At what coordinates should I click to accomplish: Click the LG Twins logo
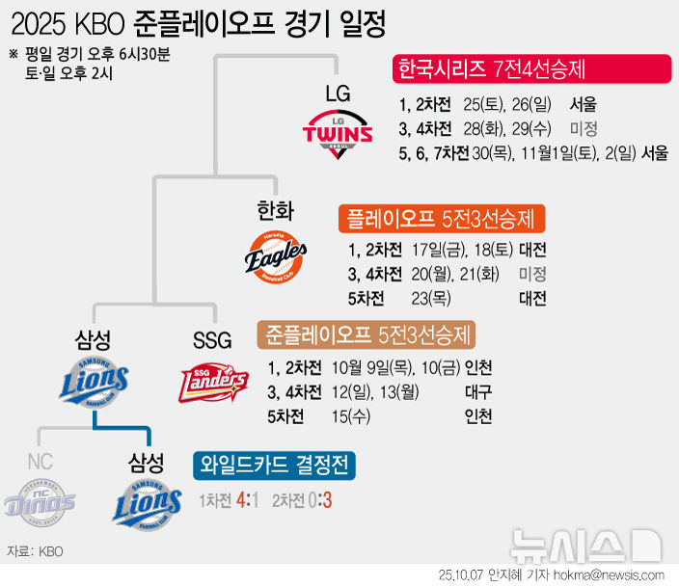point(338,132)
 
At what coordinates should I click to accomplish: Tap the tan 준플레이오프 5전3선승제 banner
point(370,335)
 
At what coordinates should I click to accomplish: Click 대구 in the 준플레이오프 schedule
point(476,392)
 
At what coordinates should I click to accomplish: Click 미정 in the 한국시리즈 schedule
point(583,128)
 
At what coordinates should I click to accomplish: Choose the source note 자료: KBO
point(35,551)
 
